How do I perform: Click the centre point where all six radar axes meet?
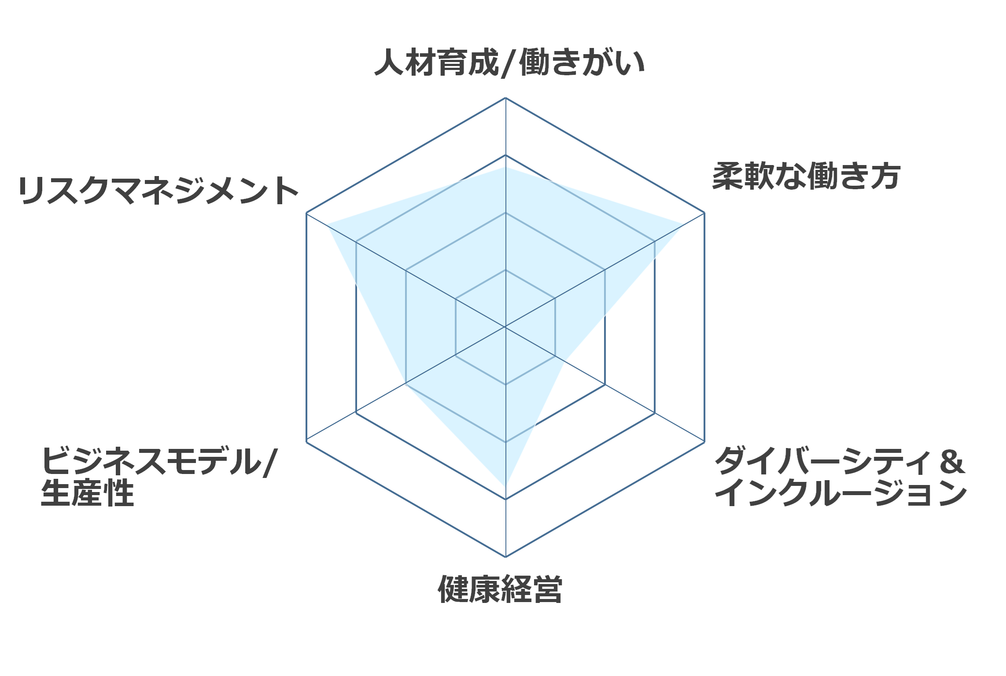tap(505, 327)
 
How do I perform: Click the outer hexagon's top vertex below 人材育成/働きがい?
tap(505, 98)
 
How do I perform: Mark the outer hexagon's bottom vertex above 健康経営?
tap(505, 557)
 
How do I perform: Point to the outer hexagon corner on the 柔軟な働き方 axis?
tap(704, 213)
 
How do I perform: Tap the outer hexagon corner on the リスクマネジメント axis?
tap(306, 213)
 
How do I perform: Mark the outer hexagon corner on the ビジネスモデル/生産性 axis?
tap(306, 441)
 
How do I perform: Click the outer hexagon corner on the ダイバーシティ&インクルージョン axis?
tap(704, 441)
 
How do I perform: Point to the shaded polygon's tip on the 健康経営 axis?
tap(505, 486)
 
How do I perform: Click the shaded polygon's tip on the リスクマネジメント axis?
tap(327, 224)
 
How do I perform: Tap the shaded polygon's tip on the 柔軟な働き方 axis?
tap(684, 225)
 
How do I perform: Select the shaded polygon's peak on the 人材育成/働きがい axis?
tap(505, 167)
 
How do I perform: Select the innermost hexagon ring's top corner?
tap(505, 270)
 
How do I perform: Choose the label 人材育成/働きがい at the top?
tap(509, 62)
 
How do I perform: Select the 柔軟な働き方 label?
tap(806, 176)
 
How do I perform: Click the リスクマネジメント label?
tap(158, 191)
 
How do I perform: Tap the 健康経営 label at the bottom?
tap(500, 589)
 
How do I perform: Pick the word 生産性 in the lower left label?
tap(87, 493)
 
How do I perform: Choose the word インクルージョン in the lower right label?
tap(840, 493)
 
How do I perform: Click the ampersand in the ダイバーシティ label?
tap(952, 461)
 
